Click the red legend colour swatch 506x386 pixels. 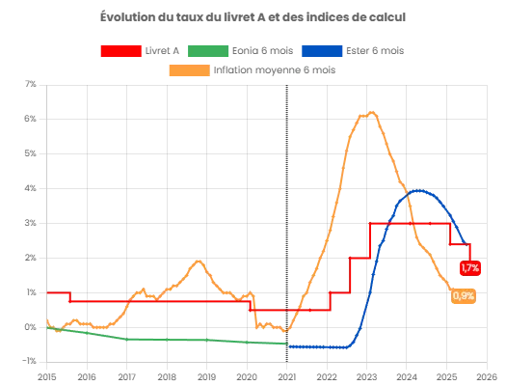(x=122, y=50)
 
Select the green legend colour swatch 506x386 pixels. (x=208, y=50)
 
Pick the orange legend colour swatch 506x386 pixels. (x=189, y=69)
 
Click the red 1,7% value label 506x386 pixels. (x=469, y=267)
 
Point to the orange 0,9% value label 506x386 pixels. (x=463, y=296)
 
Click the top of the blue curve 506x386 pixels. (x=419, y=191)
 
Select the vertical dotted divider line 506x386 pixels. (x=287, y=193)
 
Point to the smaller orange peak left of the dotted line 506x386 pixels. (x=199, y=260)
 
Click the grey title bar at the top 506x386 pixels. (x=253, y=15)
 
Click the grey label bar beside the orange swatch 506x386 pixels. (x=276, y=69)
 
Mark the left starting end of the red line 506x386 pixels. (x=48, y=290)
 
